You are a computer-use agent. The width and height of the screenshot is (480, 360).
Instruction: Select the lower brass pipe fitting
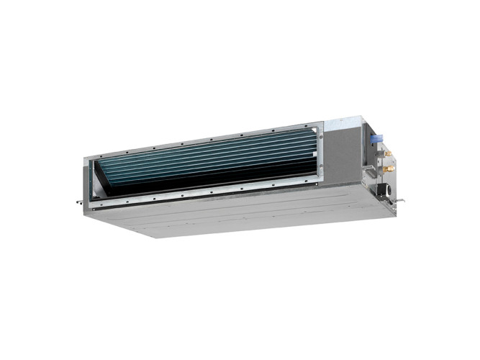391,168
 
